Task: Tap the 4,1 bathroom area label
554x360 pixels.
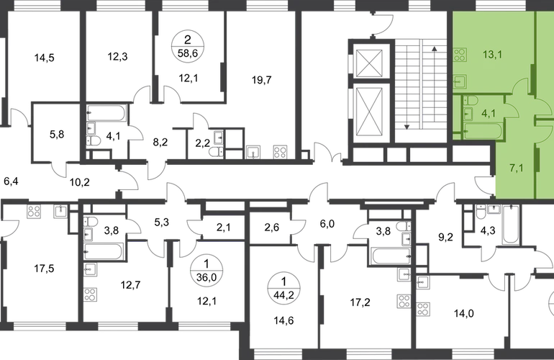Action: coord(487,112)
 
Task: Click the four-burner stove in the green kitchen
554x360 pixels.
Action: coord(461,53)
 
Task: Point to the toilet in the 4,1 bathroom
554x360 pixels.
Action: coord(468,102)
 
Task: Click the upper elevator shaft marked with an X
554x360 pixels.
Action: coord(369,60)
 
